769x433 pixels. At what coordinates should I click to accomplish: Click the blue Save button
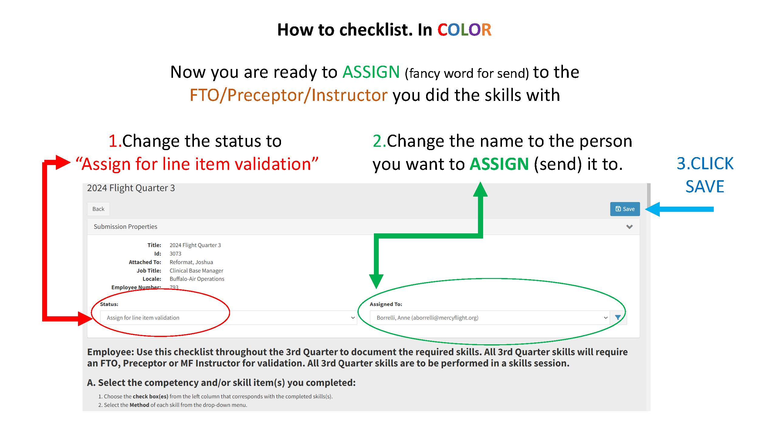(x=625, y=209)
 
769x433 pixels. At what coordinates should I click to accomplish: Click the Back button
(x=98, y=209)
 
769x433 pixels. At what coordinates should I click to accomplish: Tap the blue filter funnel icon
(x=618, y=318)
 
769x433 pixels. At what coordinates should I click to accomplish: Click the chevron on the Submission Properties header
(x=629, y=227)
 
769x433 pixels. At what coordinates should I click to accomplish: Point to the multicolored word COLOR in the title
(x=464, y=30)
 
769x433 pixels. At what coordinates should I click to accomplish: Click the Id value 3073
(x=175, y=253)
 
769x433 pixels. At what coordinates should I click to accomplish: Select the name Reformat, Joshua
(x=191, y=262)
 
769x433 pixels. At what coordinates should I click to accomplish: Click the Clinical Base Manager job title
(x=196, y=270)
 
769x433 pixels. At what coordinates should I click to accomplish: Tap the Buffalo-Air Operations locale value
(x=197, y=279)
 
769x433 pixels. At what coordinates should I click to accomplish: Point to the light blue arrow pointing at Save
(x=680, y=209)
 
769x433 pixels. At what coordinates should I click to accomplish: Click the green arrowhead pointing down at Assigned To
(x=376, y=281)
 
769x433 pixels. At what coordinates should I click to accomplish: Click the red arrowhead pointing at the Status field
(x=85, y=318)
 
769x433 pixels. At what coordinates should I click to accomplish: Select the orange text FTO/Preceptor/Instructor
(x=288, y=95)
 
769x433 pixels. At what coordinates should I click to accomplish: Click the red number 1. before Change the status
(x=115, y=141)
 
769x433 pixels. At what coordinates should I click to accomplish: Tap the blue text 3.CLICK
(x=705, y=163)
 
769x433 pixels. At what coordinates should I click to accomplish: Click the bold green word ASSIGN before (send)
(x=499, y=164)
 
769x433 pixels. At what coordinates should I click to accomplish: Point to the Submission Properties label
(x=125, y=227)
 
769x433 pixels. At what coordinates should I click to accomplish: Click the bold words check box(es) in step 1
(x=150, y=396)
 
